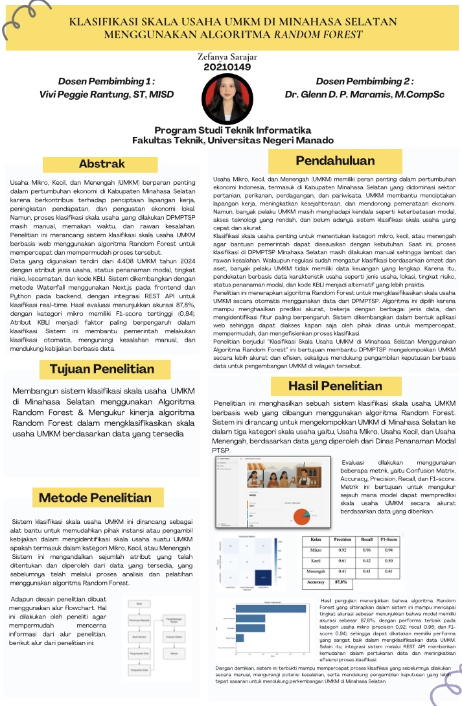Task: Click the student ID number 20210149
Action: coord(227,67)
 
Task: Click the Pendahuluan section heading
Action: coord(335,161)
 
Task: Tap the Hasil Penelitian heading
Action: coord(335,386)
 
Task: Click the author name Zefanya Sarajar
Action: coord(227,57)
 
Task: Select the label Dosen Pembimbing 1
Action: coord(106,82)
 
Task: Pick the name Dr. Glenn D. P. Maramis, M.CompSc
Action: coord(365,95)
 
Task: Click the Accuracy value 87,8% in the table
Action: coord(341,583)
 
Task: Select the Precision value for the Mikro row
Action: coord(342,550)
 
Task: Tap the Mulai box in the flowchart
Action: coord(139,602)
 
